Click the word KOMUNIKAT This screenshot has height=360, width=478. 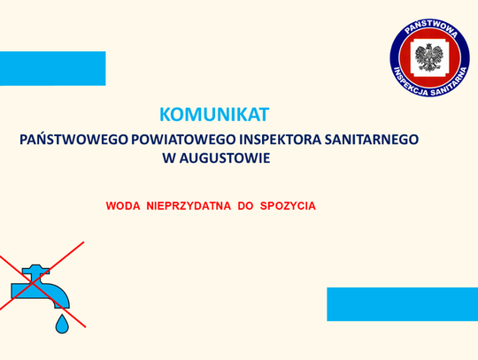tap(213, 114)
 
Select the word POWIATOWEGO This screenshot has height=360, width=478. tap(179, 140)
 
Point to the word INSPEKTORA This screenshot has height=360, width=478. tap(278, 140)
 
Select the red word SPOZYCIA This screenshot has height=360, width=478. tap(288, 205)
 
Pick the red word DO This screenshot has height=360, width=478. tap(245, 205)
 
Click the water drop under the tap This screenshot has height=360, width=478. tap(61, 325)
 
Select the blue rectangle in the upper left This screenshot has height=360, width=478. tap(52, 68)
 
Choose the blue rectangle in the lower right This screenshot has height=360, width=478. tap(402, 303)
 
